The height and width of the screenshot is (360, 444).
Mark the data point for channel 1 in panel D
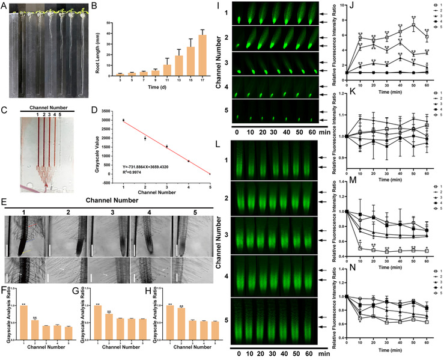(123, 120)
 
